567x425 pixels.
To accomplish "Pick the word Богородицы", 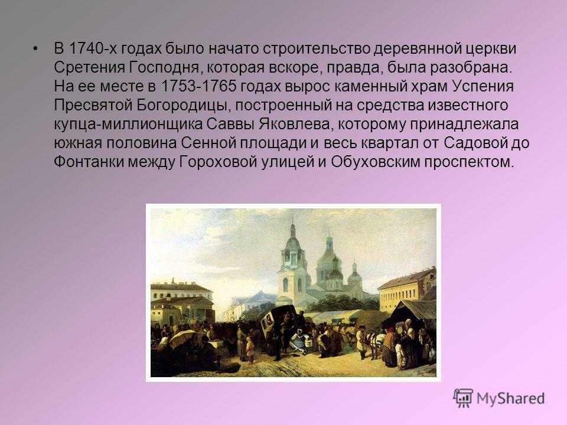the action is [x=184, y=105].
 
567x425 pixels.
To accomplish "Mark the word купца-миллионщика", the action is [x=128, y=124].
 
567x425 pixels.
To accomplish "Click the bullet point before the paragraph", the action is [x=35, y=49].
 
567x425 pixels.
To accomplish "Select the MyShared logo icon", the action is [x=463, y=398].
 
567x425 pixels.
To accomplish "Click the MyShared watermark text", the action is [x=510, y=398].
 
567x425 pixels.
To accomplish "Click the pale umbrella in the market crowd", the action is [x=183, y=338].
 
